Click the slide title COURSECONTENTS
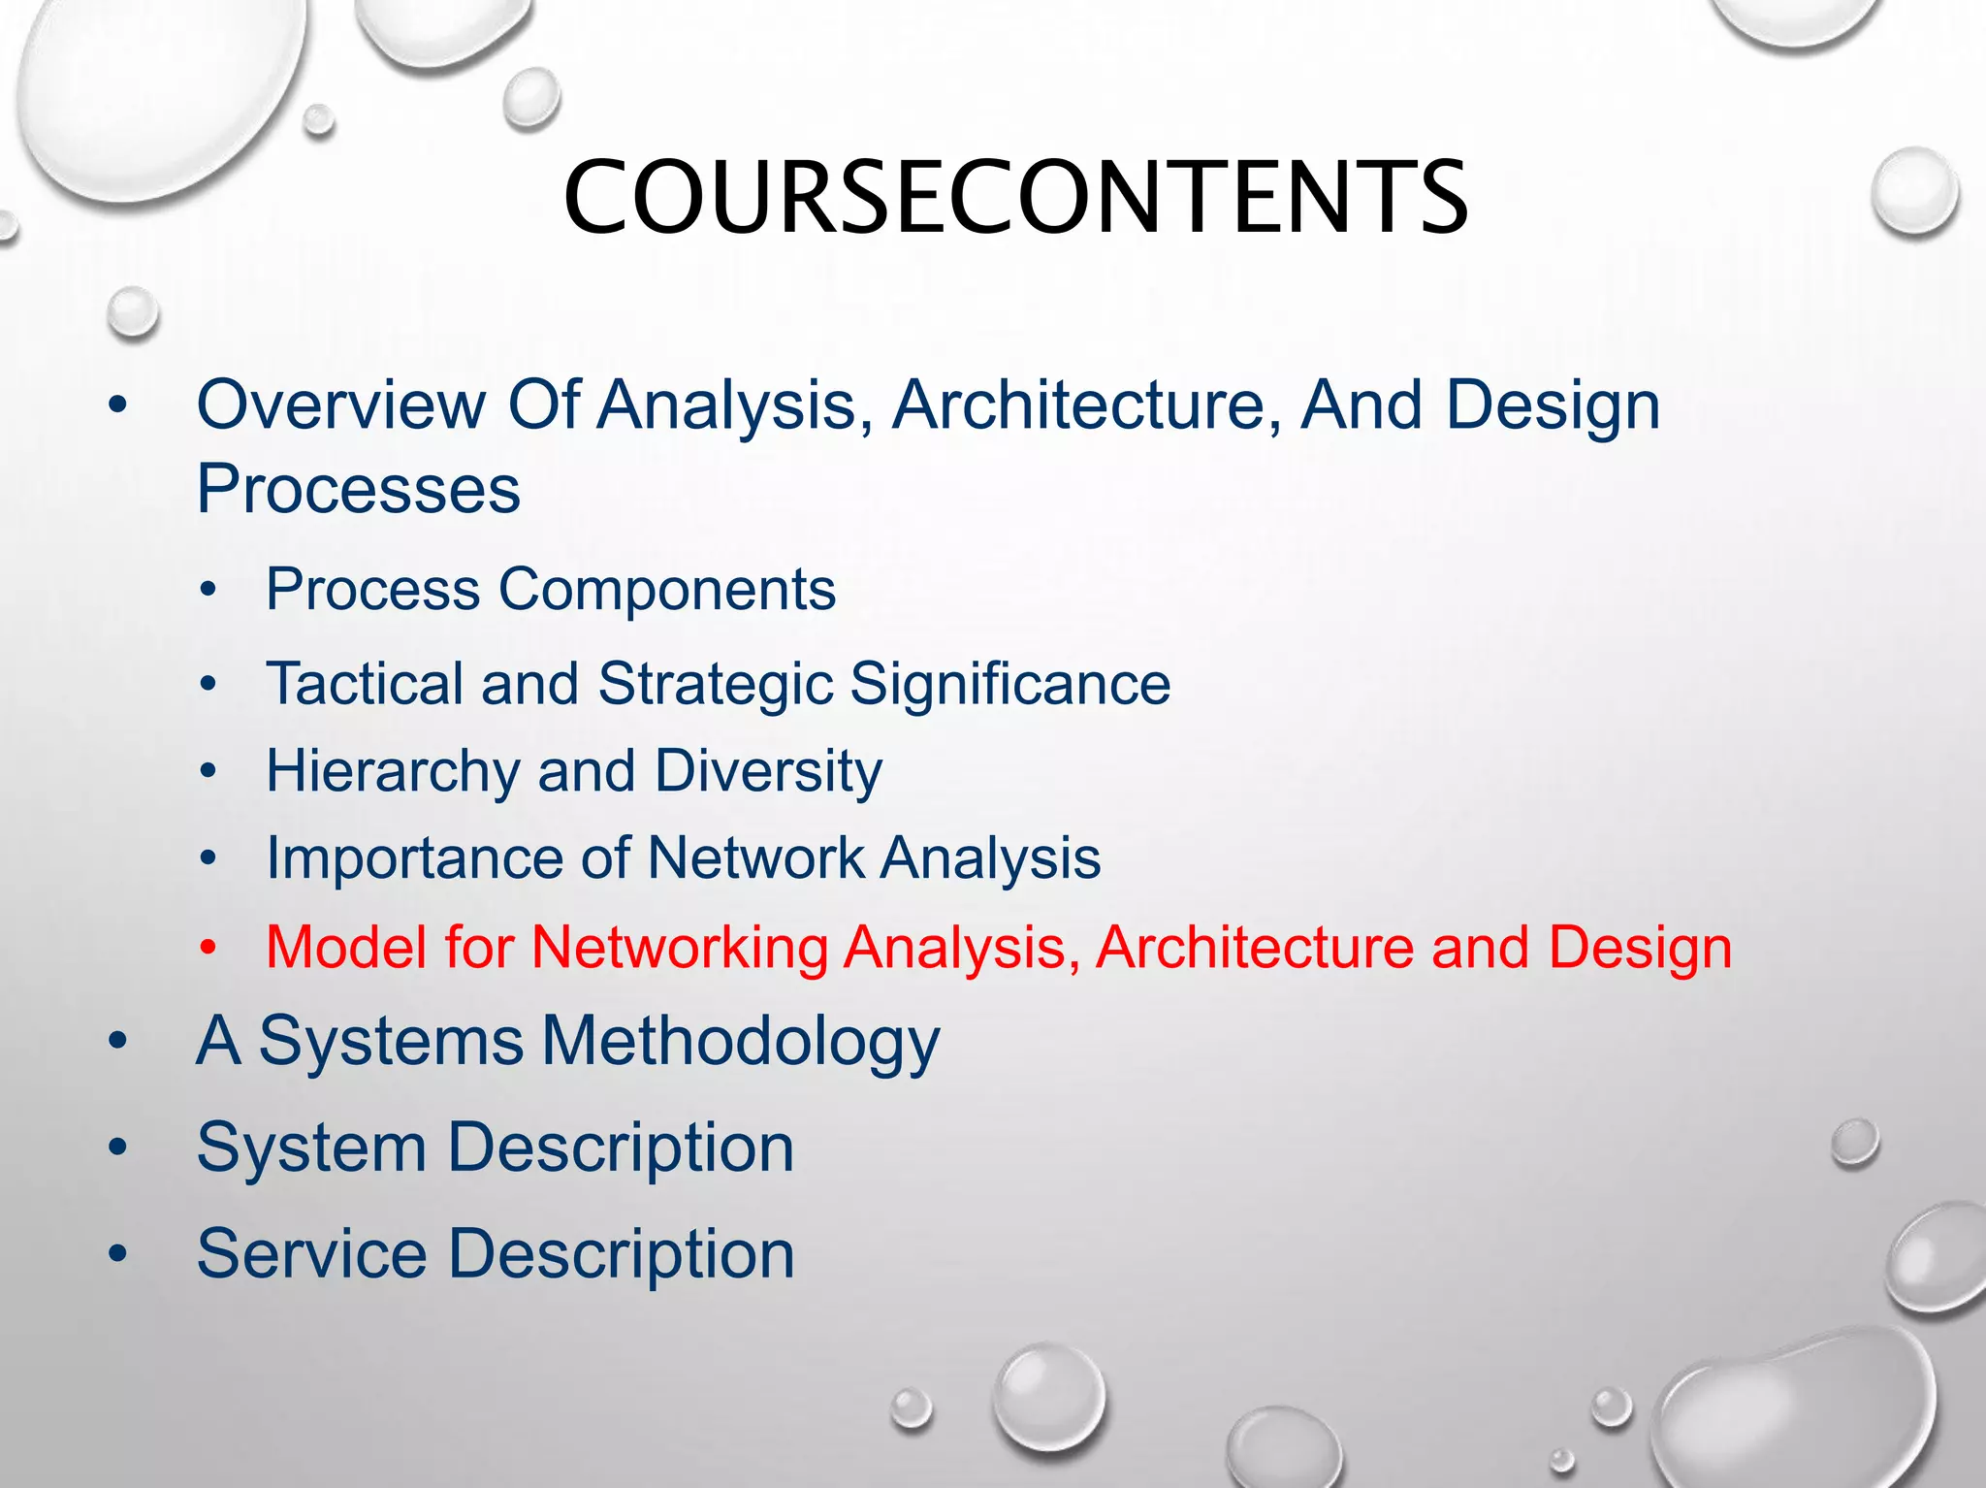[1014, 197]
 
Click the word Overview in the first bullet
[340, 404]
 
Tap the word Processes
[358, 489]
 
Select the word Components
[667, 589]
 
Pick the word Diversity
[768, 772]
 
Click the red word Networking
[680, 948]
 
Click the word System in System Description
[311, 1148]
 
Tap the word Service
[311, 1254]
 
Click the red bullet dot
[208, 949]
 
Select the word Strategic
[716, 685]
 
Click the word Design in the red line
[1640, 948]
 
